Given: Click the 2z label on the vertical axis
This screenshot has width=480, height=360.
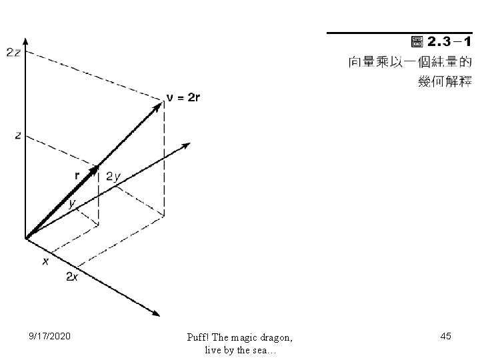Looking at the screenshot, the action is (x=13, y=52).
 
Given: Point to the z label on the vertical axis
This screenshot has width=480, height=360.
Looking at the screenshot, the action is (x=18, y=135).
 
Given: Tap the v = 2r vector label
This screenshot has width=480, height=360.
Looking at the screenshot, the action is (x=182, y=98).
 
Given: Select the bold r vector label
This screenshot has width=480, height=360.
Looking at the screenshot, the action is (x=77, y=175).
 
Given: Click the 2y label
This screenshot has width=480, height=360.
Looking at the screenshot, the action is (x=113, y=177).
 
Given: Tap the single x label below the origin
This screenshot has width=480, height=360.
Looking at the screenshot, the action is (x=45, y=261).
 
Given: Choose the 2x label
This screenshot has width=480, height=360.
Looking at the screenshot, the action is (x=73, y=277).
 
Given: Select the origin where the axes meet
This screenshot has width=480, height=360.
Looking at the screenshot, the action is (x=25, y=237).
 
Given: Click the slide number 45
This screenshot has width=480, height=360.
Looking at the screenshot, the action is (x=446, y=337).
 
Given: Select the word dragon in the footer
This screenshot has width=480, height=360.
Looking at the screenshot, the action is (x=275, y=337).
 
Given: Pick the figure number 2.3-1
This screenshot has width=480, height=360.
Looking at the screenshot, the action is (x=449, y=43).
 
